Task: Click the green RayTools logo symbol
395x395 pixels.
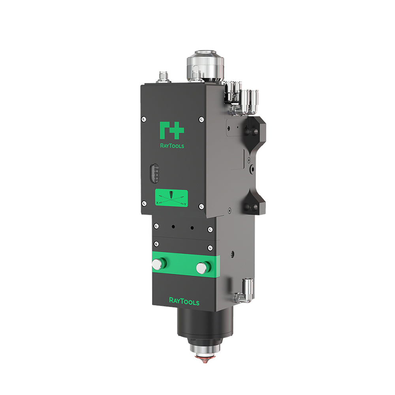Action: (171, 130)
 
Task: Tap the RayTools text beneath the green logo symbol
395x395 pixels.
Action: (171, 146)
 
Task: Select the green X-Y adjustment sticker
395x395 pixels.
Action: (171, 198)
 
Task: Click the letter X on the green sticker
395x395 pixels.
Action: (158, 203)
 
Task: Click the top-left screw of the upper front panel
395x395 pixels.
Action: (143, 118)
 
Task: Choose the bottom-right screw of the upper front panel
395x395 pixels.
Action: (201, 206)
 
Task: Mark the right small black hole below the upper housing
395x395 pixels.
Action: (192, 228)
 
